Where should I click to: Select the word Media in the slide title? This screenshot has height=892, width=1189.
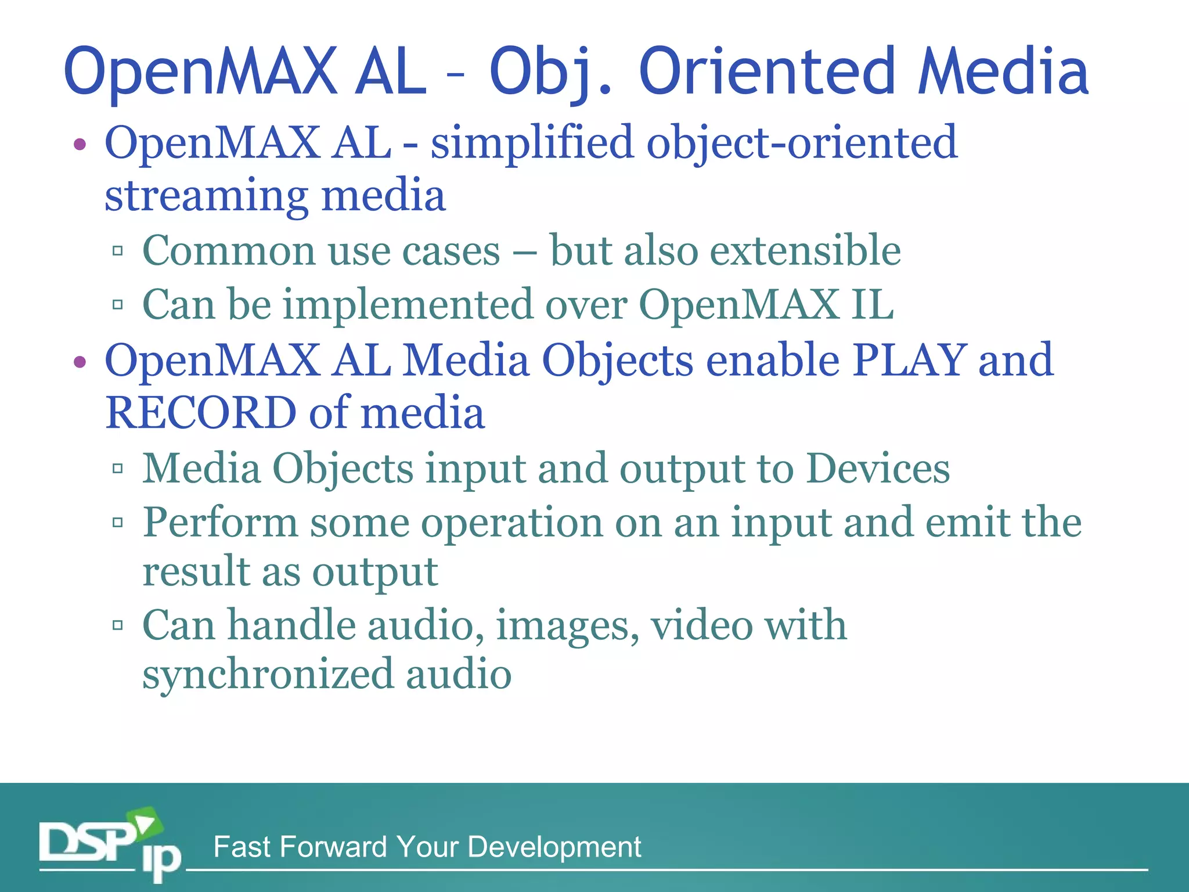tap(1003, 72)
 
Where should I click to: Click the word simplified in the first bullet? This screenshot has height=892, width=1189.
tap(531, 143)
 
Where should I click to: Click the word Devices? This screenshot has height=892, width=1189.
tap(878, 468)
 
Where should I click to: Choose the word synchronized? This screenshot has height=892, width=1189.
tap(266, 675)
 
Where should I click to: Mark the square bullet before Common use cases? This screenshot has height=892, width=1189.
tap(118, 251)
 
